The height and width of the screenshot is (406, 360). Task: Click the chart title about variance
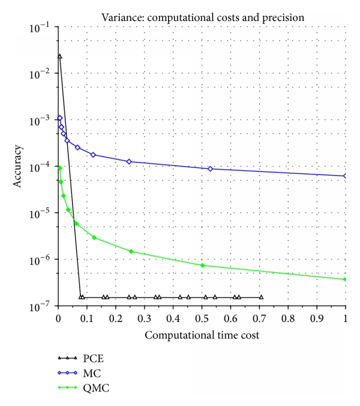pyautogui.click(x=202, y=17)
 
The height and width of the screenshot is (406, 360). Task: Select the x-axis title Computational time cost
pyautogui.click(x=202, y=335)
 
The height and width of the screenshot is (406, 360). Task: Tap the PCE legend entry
pyautogui.click(x=84, y=357)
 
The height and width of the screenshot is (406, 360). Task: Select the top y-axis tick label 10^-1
pyautogui.click(x=41, y=27)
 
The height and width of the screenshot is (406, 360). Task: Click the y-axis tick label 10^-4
pyautogui.click(x=41, y=167)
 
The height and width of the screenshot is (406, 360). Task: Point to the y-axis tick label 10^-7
pyautogui.click(x=41, y=306)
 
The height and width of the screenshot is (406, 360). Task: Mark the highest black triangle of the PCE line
pyautogui.click(x=59, y=56)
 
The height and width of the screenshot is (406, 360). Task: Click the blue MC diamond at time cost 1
pyautogui.click(x=346, y=176)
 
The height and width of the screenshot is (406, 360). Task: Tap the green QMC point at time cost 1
pyautogui.click(x=346, y=279)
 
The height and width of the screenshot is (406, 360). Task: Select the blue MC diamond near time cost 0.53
pyautogui.click(x=211, y=169)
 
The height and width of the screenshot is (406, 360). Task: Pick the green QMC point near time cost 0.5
pyautogui.click(x=202, y=265)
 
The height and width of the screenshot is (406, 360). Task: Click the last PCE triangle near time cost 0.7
pyautogui.click(x=261, y=297)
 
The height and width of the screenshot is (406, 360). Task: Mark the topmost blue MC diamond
pyautogui.click(x=59, y=118)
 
